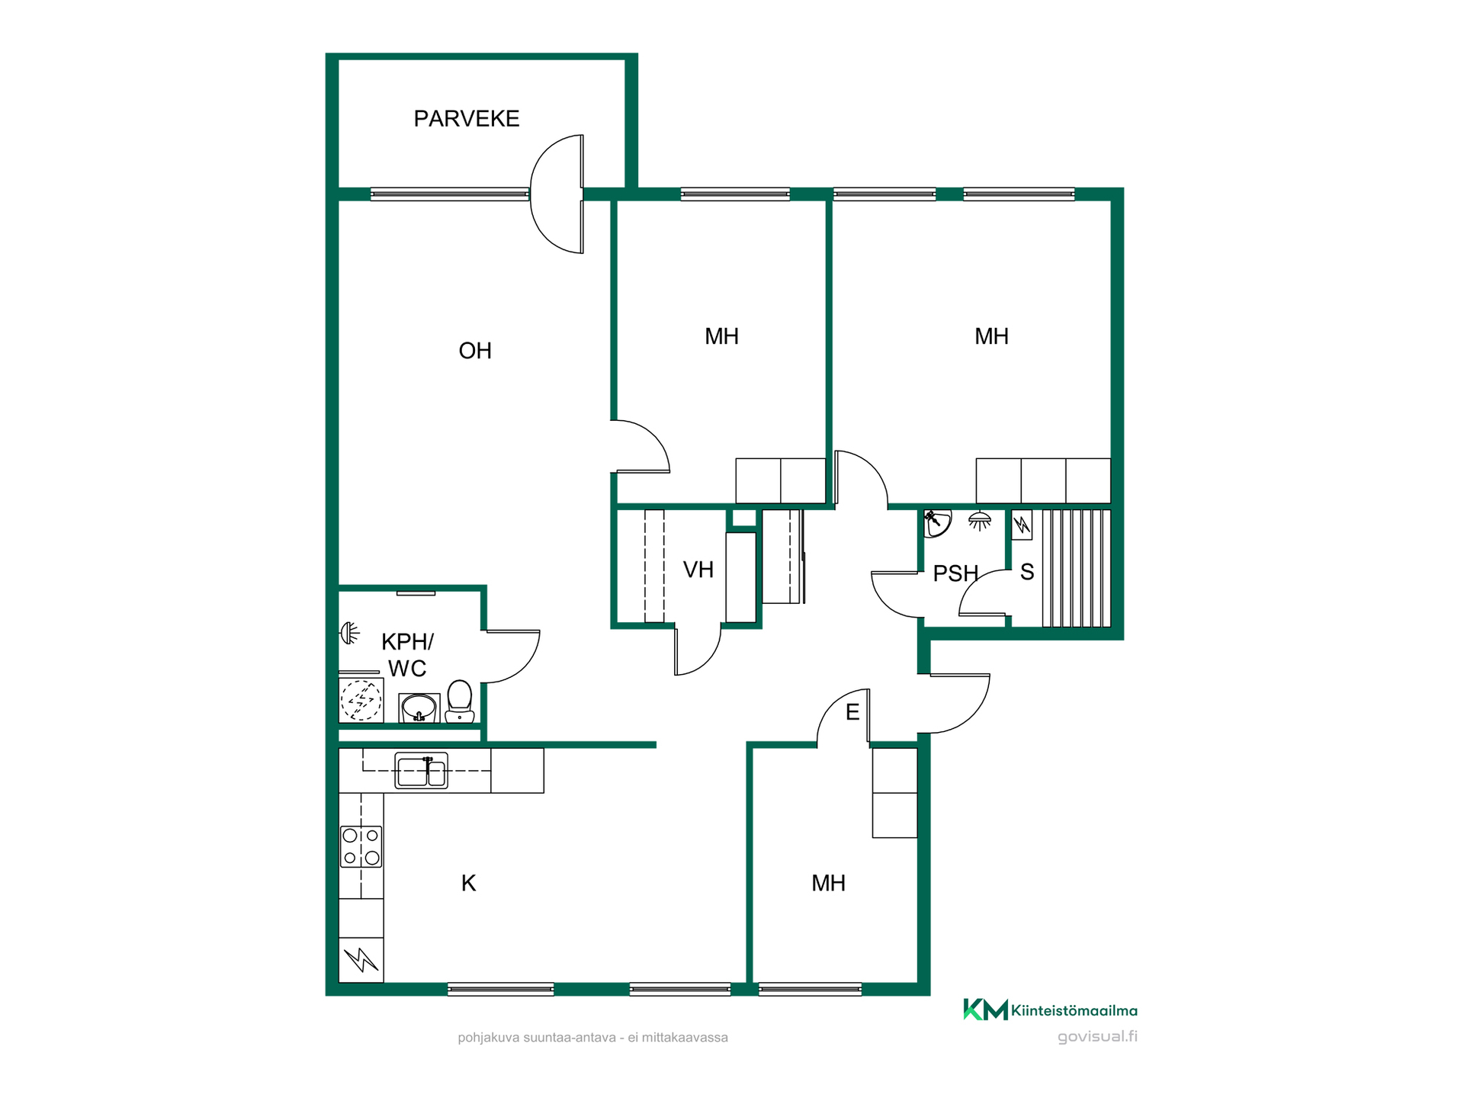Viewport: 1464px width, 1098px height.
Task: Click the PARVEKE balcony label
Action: (x=466, y=119)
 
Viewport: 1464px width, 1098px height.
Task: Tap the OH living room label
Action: (x=475, y=351)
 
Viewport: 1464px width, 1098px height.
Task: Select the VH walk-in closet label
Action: (x=698, y=570)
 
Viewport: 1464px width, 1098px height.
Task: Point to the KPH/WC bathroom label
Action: (x=407, y=655)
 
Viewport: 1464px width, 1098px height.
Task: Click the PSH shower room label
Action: (x=955, y=573)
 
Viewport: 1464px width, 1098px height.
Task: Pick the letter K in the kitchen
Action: (x=468, y=883)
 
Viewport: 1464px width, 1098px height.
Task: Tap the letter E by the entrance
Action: (x=852, y=712)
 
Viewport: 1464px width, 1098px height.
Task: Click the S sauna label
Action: (x=1027, y=572)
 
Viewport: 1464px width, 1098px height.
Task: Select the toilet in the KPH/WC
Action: (x=460, y=701)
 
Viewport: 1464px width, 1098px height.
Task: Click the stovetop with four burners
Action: (x=361, y=846)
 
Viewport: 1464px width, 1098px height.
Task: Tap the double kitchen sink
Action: (x=421, y=770)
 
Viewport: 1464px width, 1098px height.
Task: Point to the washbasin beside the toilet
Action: (x=419, y=708)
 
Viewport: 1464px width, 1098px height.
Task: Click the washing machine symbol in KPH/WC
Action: (x=361, y=700)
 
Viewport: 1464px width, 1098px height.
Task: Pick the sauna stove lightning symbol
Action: (x=1022, y=525)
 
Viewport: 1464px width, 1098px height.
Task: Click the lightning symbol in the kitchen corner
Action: (x=361, y=960)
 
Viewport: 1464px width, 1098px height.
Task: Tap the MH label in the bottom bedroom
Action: (x=828, y=883)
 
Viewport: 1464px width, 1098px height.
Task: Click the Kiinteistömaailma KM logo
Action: (x=1050, y=1010)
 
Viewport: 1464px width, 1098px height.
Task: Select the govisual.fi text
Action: (x=1097, y=1037)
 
